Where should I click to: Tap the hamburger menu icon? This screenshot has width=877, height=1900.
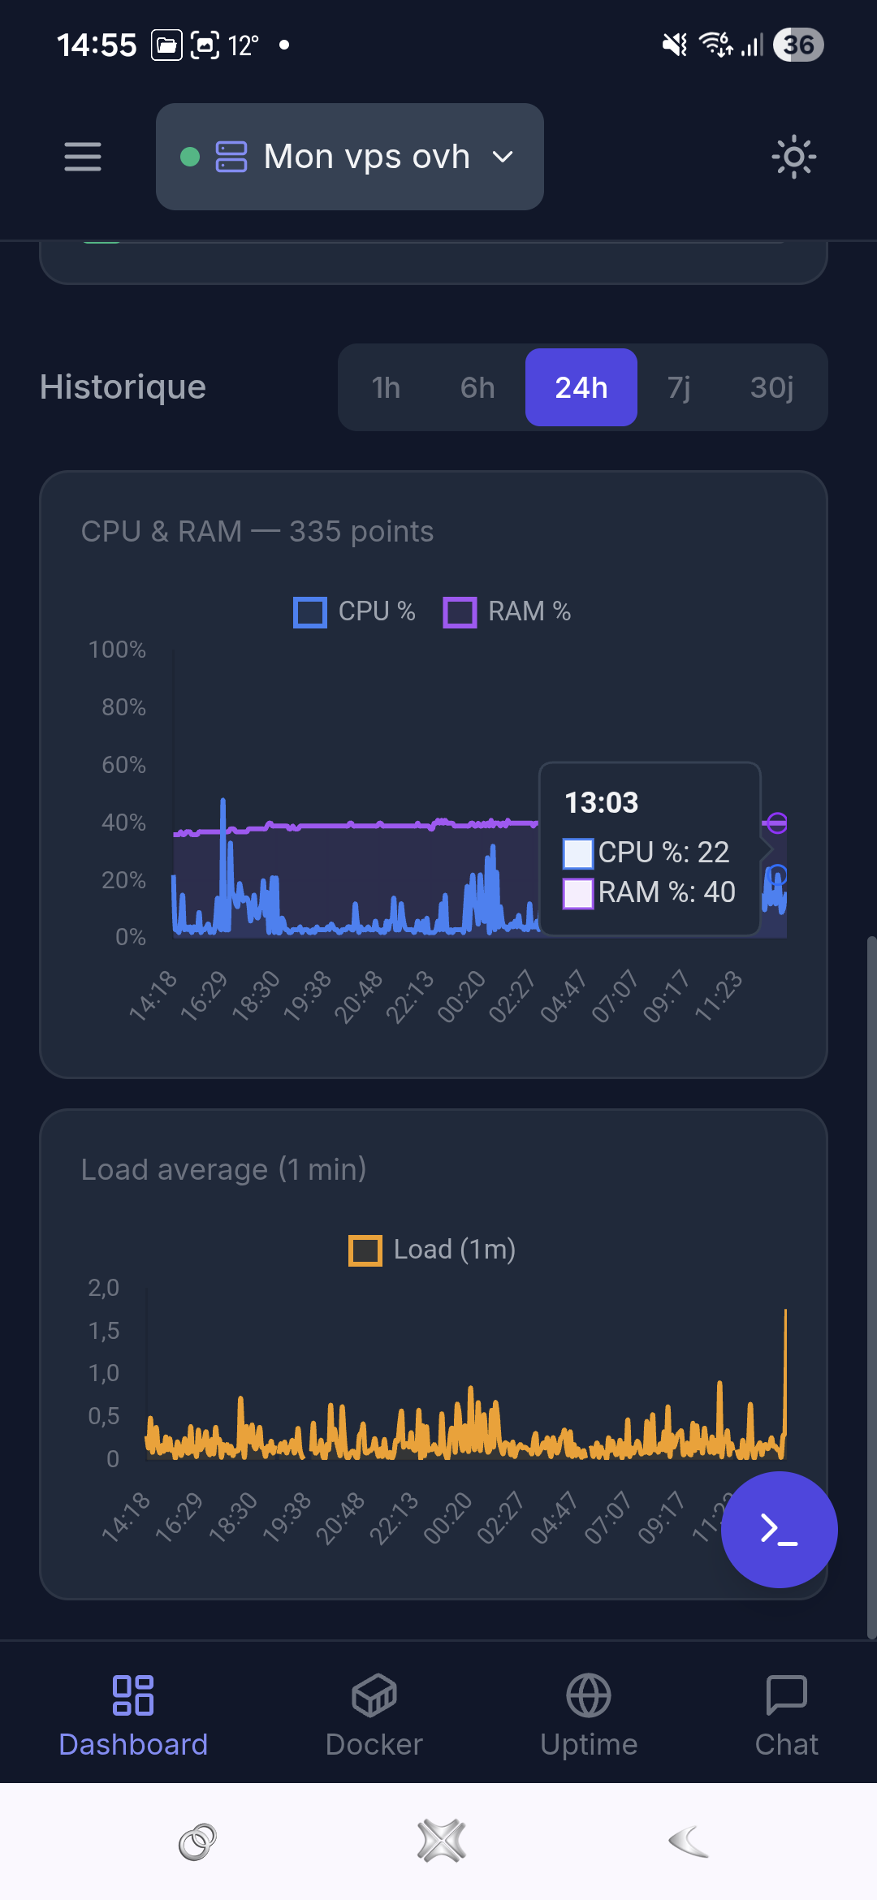[x=83, y=157]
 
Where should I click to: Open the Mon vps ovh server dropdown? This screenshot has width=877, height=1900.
[x=350, y=157]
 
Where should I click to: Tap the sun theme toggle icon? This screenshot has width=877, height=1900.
[x=793, y=157]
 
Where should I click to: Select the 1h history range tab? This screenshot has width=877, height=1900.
[x=386, y=387]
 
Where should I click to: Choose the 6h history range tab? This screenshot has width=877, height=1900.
[x=477, y=387]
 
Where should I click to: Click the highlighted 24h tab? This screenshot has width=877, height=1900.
[x=581, y=387]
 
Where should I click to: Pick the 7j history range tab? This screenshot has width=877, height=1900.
[x=679, y=387]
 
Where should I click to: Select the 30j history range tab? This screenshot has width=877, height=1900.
[x=771, y=387]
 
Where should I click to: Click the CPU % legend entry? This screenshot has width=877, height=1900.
[x=354, y=611]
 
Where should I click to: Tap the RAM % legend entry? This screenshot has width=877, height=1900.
[x=507, y=611]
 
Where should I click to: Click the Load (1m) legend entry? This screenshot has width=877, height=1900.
[x=432, y=1250]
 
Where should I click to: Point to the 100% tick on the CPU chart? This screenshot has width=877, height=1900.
[x=117, y=650]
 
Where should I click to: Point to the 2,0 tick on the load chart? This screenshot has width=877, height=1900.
[x=103, y=1288]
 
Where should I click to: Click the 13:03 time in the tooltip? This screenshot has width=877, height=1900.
[x=602, y=803]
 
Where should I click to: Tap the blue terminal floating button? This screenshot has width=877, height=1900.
[x=780, y=1530]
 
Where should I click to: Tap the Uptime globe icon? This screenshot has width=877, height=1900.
[x=589, y=1695]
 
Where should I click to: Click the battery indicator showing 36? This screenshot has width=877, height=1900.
[x=799, y=45]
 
